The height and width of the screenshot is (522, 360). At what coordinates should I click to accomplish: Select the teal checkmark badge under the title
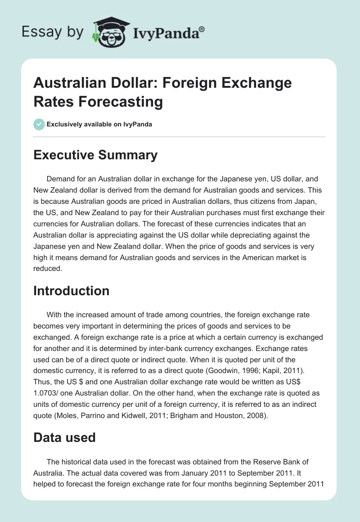(x=39, y=124)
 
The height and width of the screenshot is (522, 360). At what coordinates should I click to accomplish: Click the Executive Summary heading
(x=95, y=155)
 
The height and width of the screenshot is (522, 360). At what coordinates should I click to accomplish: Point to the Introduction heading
(x=71, y=291)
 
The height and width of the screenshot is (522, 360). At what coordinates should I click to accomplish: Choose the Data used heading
(x=64, y=437)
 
